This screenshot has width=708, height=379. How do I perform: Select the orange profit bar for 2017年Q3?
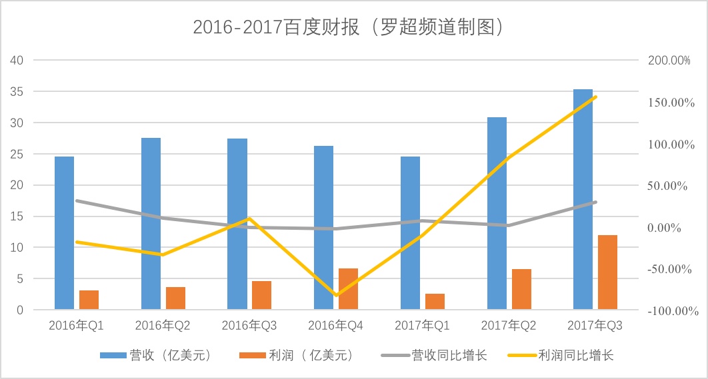[x=607, y=272]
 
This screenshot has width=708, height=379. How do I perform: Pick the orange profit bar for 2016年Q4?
[x=348, y=289]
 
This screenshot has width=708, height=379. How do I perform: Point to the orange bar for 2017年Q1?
[x=435, y=302]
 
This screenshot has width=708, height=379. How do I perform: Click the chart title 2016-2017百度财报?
[x=347, y=27]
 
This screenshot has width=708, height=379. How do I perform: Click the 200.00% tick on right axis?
[x=669, y=61]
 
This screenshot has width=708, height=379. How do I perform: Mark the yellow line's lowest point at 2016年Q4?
[x=336, y=295]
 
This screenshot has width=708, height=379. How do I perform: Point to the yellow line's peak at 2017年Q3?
[x=595, y=97]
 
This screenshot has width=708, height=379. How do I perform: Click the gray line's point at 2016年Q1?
[x=77, y=200]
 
